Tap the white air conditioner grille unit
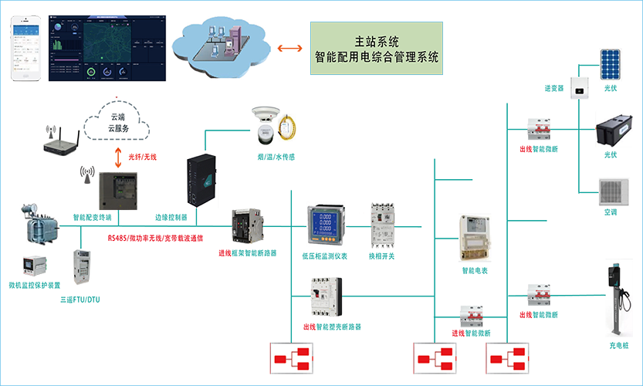[x=618, y=186]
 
